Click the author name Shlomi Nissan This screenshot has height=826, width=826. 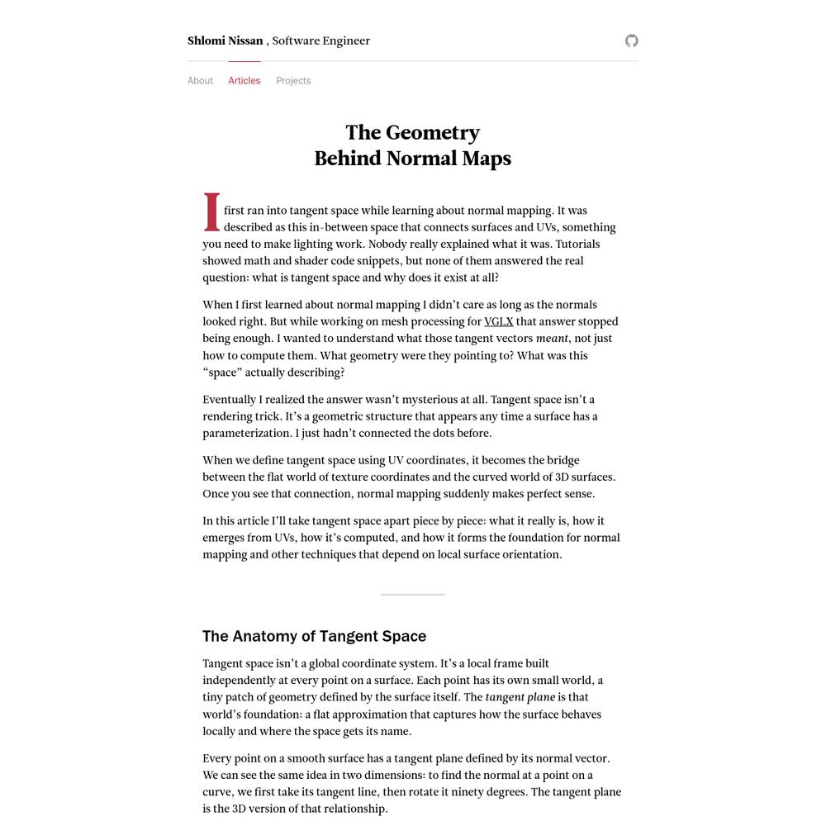click(x=225, y=40)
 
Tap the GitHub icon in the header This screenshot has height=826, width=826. click(x=632, y=40)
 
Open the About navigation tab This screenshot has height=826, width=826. click(x=200, y=80)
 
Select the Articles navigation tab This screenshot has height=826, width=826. click(x=244, y=80)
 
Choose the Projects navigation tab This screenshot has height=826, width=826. click(x=293, y=80)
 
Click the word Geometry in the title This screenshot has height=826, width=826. click(x=433, y=133)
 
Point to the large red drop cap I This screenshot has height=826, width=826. click(x=212, y=213)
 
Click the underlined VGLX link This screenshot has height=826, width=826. click(x=498, y=321)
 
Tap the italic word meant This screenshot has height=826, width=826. click(x=552, y=339)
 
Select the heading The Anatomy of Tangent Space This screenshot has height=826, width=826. click(x=315, y=636)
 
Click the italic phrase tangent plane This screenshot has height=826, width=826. click(x=520, y=697)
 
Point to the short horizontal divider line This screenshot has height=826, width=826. click(x=413, y=594)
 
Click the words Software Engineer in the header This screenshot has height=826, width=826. click(x=320, y=40)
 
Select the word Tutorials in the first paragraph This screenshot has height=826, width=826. click(x=577, y=244)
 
